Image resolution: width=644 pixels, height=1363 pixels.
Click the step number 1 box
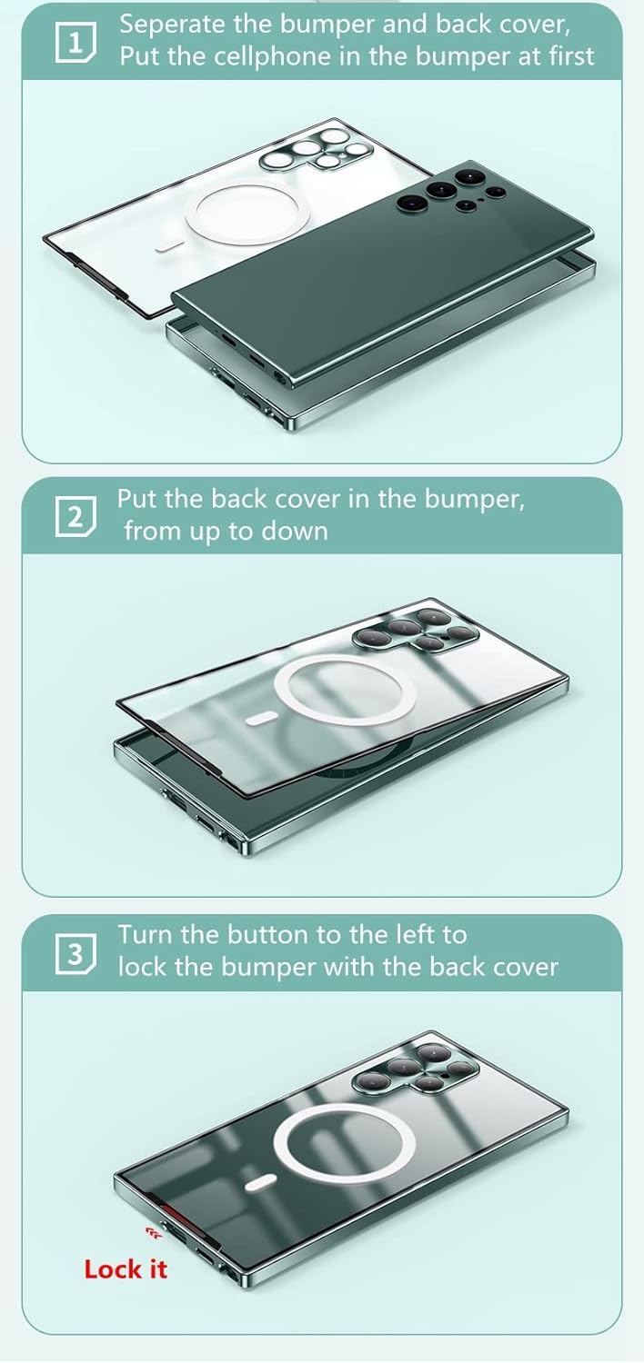(x=75, y=44)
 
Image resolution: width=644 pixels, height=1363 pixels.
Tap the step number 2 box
(x=75, y=518)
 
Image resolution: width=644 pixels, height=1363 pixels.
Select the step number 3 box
(x=75, y=954)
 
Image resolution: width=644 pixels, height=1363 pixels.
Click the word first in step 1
(x=570, y=56)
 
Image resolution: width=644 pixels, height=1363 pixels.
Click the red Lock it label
(x=125, y=1270)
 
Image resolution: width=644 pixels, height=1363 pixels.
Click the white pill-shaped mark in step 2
(x=262, y=720)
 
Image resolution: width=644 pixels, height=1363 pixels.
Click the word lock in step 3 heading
(x=141, y=967)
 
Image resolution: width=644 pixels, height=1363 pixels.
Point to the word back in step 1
(x=463, y=25)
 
